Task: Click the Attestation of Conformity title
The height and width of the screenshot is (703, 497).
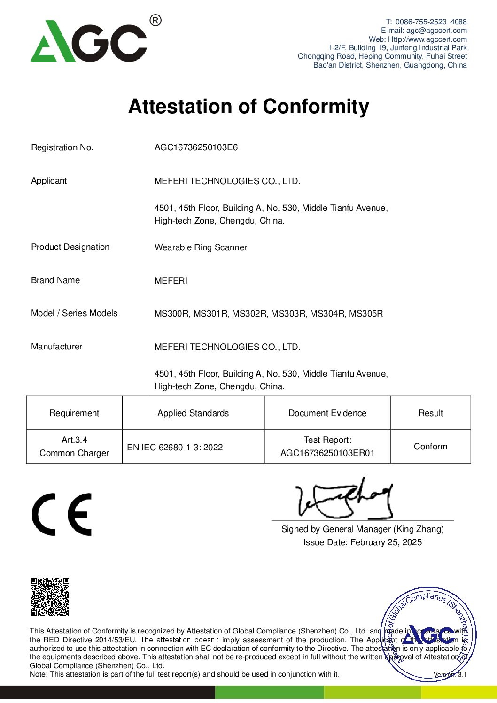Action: [248, 107]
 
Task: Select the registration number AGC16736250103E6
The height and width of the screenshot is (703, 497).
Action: [196, 147]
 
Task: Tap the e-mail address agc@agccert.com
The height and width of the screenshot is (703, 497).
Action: [436, 31]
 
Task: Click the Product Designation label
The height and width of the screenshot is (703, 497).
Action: [70, 247]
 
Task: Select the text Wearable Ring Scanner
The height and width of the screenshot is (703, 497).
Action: [201, 247]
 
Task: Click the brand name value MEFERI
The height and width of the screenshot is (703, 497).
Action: [171, 281]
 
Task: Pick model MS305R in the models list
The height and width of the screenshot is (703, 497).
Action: [366, 314]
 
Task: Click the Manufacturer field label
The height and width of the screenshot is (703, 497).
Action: [56, 347]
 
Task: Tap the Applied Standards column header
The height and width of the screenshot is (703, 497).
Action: [193, 413]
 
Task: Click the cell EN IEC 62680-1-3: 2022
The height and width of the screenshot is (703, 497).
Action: [175, 447]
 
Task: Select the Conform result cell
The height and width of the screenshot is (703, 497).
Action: [430, 447]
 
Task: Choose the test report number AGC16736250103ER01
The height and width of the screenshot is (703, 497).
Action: [327, 453]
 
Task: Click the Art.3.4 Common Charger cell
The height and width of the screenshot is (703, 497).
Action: [74, 447]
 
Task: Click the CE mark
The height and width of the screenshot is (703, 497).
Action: [62, 515]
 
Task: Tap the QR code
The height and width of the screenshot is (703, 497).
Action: [50, 597]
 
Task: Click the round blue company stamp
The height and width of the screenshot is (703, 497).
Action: [428, 634]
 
